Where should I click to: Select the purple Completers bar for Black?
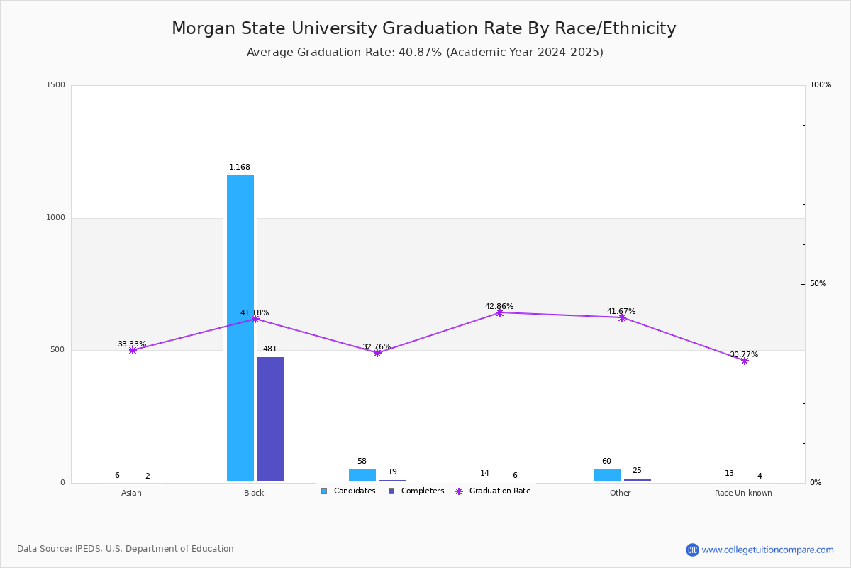coord(271,419)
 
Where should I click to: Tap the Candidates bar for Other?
coord(607,475)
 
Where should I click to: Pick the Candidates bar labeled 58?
coord(362,475)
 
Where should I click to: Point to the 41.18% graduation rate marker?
coord(255,319)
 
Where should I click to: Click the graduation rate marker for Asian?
coord(133,350)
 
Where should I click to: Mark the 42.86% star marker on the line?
coord(500,312)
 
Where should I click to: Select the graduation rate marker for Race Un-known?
coord(745,361)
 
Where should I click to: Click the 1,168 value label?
coord(240,168)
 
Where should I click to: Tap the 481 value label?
coord(270,349)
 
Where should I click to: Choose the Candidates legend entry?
coord(348,491)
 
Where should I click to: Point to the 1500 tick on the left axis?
coord(56,85)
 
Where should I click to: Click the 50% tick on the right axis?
coord(818,284)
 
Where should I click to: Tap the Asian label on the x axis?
coord(131,493)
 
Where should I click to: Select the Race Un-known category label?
coord(743,493)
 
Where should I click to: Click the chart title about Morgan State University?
coord(424,28)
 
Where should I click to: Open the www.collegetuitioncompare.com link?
coord(760,550)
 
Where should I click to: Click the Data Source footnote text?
coord(126,549)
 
